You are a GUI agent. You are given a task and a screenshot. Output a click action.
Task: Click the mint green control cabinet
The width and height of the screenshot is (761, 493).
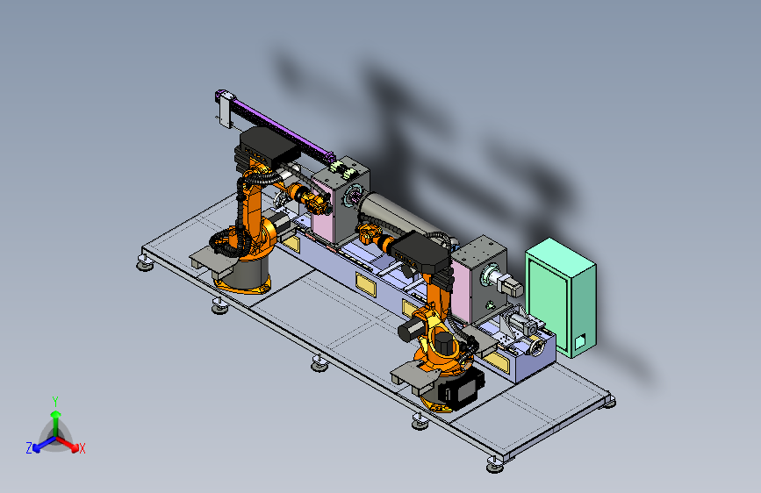click(x=561, y=297)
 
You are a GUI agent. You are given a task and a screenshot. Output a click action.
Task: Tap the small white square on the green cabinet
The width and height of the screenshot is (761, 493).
click(x=580, y=342)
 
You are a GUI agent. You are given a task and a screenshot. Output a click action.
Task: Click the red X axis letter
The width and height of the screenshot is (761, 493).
click(x=82, y=448)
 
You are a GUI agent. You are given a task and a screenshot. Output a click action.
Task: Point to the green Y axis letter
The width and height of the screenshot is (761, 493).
click(x=55, y=402)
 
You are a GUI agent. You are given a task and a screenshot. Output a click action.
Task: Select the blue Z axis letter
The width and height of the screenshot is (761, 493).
click(x=29, y=448)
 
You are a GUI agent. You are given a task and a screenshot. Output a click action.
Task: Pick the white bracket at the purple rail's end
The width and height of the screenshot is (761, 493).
click(x=225, y=111)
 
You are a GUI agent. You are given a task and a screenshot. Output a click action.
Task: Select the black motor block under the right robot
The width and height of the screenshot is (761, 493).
click(x=460, y=386)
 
